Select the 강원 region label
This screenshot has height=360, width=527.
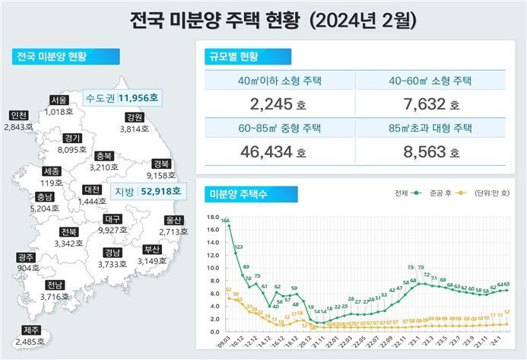135,117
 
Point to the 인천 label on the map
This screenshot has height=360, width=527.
18,116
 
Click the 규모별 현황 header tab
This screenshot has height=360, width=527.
235,57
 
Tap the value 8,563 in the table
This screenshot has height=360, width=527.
430,152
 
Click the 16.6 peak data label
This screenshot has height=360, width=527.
226,220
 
